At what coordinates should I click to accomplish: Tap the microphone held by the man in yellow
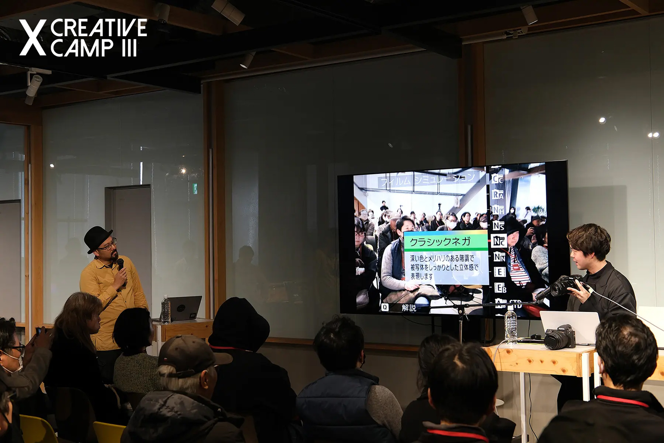click(121, 265)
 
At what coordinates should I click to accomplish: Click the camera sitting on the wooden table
click(560, 337)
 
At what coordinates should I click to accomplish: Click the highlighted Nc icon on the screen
click(499, 241)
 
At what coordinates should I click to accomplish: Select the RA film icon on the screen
click(498, 194)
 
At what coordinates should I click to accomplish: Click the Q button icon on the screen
click(385, 307)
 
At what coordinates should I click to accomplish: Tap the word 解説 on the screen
click(409, 308)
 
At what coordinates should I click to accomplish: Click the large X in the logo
click(33, 38)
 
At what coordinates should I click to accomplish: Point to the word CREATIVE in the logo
click(99, 28)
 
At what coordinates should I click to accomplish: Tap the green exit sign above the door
click(195, 188)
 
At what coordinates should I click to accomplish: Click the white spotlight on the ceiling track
click(34, 85)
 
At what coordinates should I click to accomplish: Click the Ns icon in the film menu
click(498, 226)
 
